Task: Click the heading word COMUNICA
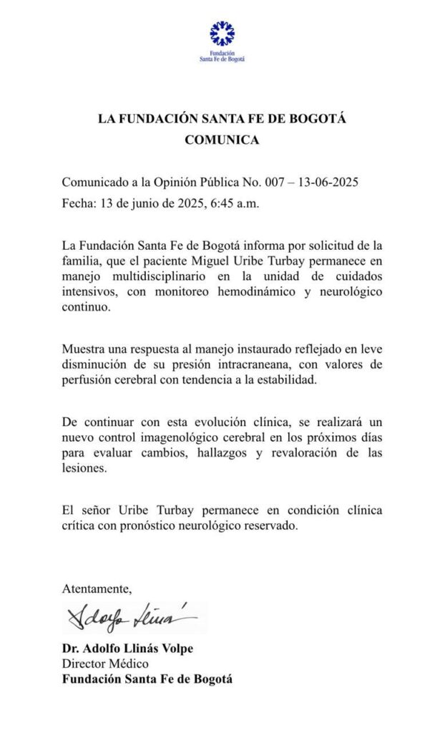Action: point(222,140)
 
